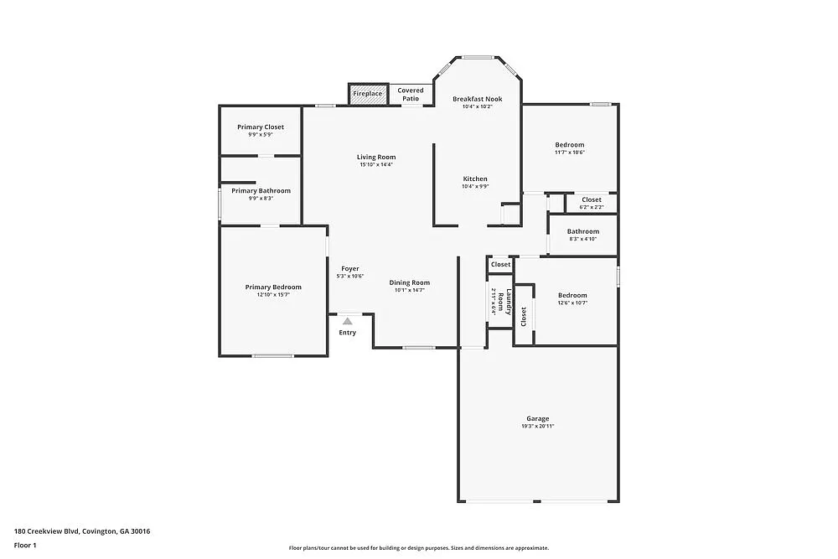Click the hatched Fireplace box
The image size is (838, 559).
point(368,94)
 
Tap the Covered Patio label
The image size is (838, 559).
point(411,94)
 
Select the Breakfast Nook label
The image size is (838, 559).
point(478,99)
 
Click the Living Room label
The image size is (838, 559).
point(376,157)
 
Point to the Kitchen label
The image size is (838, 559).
point(475,179)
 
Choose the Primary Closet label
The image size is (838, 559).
point(261,127)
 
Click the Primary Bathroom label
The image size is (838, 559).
point(261,191)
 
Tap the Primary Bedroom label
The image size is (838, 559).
point(273,287)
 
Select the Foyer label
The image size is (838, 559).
point(350,269)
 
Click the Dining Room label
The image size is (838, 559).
point(410,282)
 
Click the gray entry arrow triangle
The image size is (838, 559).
point(347,319)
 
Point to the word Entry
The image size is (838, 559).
point(347,333)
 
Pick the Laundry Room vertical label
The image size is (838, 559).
point(500,300)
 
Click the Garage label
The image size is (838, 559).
point(538,418)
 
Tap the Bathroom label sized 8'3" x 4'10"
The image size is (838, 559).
point(582,231)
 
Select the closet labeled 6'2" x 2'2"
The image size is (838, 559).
point(592,207)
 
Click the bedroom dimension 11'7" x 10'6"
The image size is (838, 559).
point(569,153)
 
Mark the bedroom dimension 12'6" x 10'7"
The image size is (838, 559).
point(572,303)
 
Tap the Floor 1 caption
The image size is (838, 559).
point(25,545)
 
